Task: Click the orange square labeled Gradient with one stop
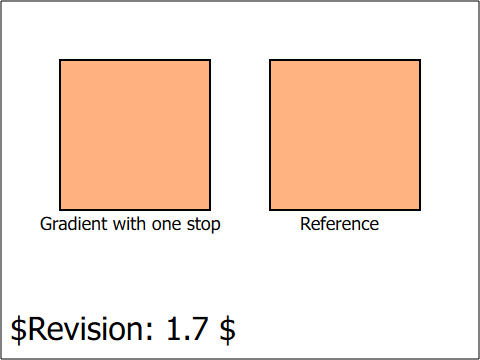(x=135, y=135)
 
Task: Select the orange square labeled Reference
(x=345, y=135)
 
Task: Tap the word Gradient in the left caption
(x=75, y=225)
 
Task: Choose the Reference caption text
(x=339, y=224)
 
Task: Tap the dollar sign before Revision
(x=19, y=329)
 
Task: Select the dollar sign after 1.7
(x=227, y=329)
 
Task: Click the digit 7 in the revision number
(x=199, y=329)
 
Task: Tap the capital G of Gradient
(x=47, y=224)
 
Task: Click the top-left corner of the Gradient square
(x=60, y=60)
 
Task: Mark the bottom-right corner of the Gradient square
(x=210, y=210)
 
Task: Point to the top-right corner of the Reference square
(x=420, y=60)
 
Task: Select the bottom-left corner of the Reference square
(x=270, y=210)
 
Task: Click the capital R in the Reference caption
(x=306, y=224)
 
